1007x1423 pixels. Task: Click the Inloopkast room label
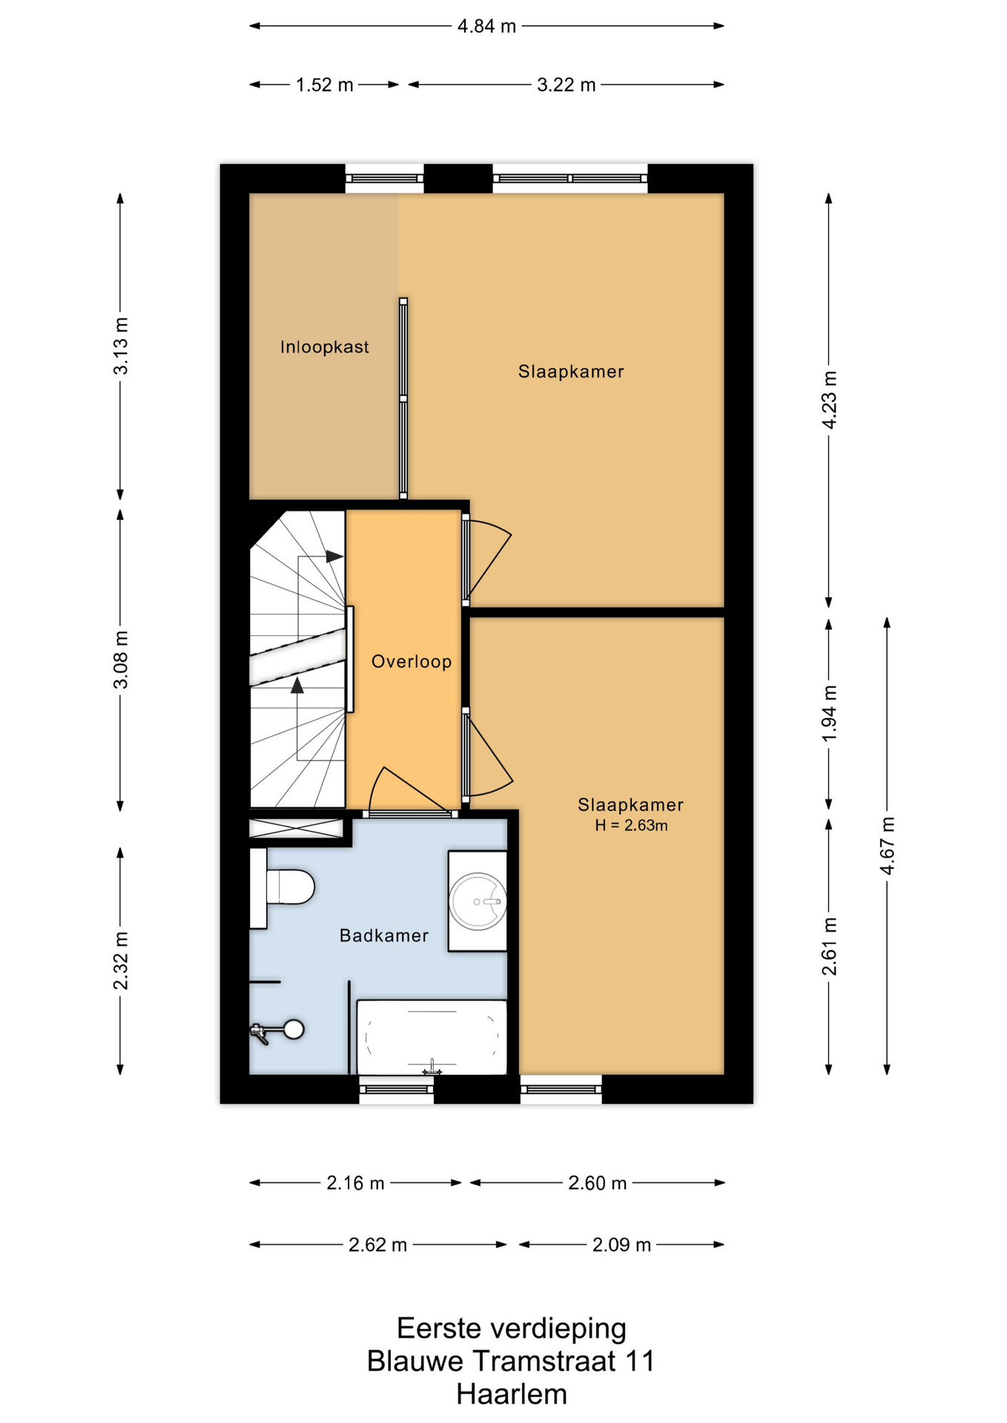pos(324,347)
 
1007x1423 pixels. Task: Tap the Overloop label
pos(412,661)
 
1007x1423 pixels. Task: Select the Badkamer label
pos(384,935)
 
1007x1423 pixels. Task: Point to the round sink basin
pos(478,901)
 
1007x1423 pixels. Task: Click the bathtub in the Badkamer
pos(432,1037)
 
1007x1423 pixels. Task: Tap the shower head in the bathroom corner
pos(294,1029)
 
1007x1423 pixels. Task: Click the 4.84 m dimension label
pos(486,26)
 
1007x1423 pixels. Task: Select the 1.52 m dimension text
pos(325,84)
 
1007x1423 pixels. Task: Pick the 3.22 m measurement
pos(567,84)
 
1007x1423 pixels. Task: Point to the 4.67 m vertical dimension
pos(888,846)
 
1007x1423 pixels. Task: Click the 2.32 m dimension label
pos(121,961)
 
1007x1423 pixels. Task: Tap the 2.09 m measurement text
pos(621,1244)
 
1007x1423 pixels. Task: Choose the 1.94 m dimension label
pos(830,713)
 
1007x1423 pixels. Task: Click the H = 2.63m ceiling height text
pos(631,826)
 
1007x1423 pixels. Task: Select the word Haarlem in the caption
pos(512,1394)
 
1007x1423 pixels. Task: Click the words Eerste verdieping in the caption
pos(512,1328)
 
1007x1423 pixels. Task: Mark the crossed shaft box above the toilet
pos(296,828)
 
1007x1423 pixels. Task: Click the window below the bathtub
pos(397,1089)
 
